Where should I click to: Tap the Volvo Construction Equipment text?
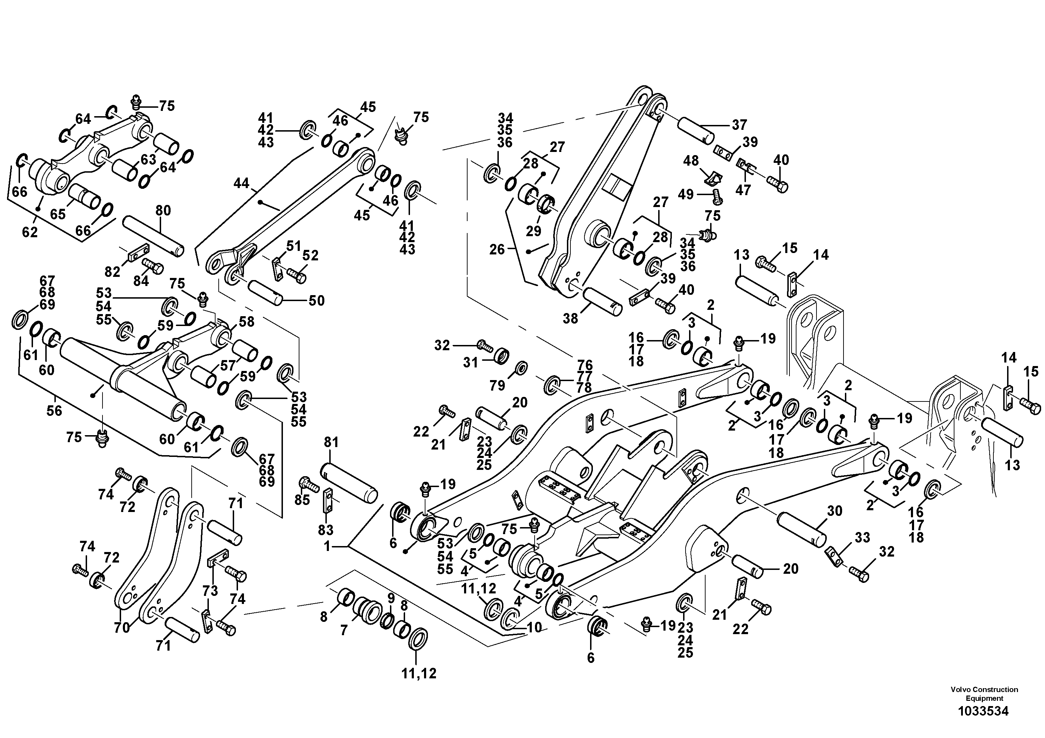pos(984,694)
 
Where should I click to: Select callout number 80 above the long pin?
pos(163,210)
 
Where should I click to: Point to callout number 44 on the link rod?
pos(241,184)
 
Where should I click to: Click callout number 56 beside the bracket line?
pos(54,411)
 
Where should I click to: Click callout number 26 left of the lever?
pos(497,250)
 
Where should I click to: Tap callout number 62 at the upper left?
pos(30,232)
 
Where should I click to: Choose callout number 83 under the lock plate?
pos(325,530)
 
